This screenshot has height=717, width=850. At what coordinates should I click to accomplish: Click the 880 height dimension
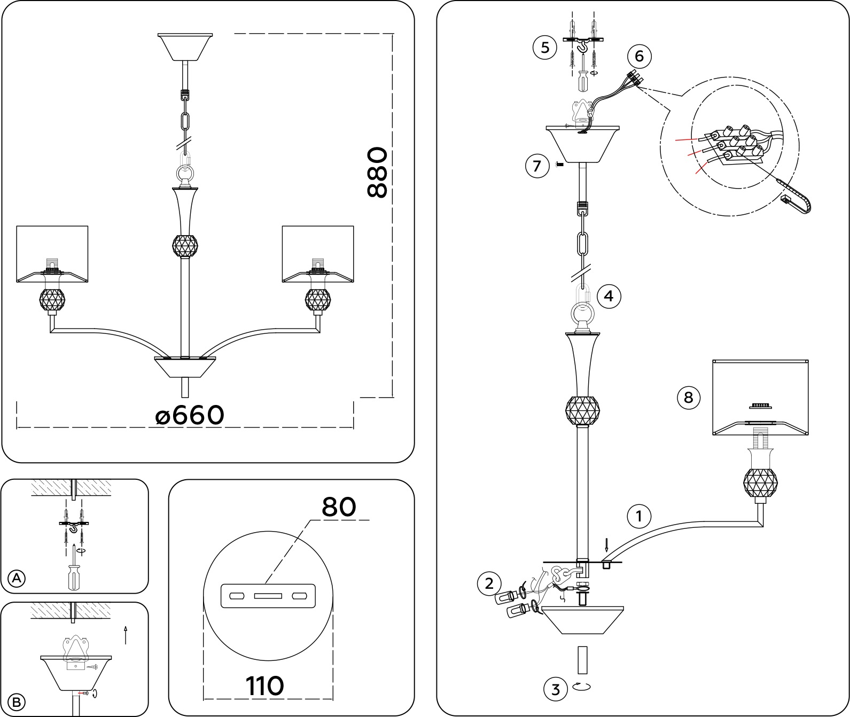pos(377,173)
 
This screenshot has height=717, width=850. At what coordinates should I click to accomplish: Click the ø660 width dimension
pos(190,415)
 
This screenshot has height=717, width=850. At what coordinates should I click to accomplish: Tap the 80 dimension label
pos(339,506)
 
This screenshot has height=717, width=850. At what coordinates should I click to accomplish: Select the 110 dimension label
pos(264,685)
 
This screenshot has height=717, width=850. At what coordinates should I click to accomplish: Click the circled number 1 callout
pos(638,517)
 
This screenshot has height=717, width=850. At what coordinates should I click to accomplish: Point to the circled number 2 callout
pos(489,583)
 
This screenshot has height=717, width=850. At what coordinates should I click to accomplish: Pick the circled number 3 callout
pos(556,689)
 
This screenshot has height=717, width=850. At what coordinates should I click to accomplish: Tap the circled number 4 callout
pos(609,295)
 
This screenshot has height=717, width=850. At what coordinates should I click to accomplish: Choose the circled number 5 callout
pos(545,48)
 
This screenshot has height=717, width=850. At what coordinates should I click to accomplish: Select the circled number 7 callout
pos(537,166)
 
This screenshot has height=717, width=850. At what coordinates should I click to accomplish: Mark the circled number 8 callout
pos(688,398)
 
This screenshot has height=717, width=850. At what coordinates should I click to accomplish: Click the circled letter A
pos(17,578)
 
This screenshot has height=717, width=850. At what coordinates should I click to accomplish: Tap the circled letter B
pos(17,702)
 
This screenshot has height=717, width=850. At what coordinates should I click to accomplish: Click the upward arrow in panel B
pos(126,634)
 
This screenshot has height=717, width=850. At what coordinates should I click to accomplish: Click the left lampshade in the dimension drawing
pos(52,254)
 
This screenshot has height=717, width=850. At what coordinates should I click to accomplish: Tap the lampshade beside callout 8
pos(760,397)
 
